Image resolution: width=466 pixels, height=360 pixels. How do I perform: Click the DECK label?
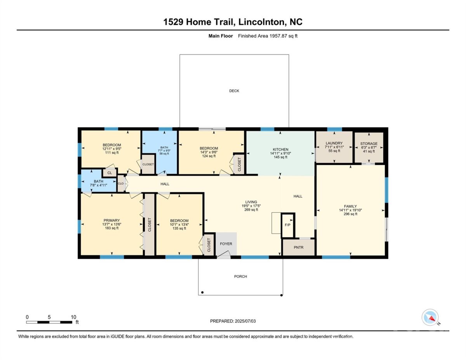[x=234, y=91]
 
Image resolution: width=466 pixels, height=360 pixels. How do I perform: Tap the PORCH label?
[x=240, y=277]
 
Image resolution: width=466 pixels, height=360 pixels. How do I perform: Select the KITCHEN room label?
[x=280, y=150]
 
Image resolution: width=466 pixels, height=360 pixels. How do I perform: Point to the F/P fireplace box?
[x=288, y=225]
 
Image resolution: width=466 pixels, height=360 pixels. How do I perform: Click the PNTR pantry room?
[x=298, y=247]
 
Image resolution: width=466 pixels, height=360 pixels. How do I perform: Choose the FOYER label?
[x=226, y=244]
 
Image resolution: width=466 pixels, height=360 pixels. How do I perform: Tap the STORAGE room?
[x=369, y=148]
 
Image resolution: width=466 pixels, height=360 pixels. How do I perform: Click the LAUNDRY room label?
[x=334, y=143]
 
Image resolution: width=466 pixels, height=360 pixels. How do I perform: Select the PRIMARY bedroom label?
[x=111, y=221]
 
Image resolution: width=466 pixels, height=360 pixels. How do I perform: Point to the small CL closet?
[x=110, y=173]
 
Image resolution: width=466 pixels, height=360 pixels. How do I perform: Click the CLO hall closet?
[x=121, y=184]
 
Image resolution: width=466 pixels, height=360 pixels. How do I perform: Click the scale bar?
[x=49, y=322]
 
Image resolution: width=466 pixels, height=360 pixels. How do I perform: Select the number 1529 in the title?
[x=173, y=22]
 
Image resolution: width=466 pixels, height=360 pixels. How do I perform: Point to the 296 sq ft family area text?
[x=350, y=214]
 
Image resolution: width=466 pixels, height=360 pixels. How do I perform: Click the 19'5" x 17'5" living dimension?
[x=251, y=206]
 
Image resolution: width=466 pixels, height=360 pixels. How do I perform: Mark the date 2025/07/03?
[x=245, y=321]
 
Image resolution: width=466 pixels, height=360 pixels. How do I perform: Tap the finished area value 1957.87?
[x=278, y=36]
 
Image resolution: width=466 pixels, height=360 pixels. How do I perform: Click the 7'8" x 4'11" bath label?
[x=98, y=185]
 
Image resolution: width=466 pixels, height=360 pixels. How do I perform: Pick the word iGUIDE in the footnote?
[x=118, y=337]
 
